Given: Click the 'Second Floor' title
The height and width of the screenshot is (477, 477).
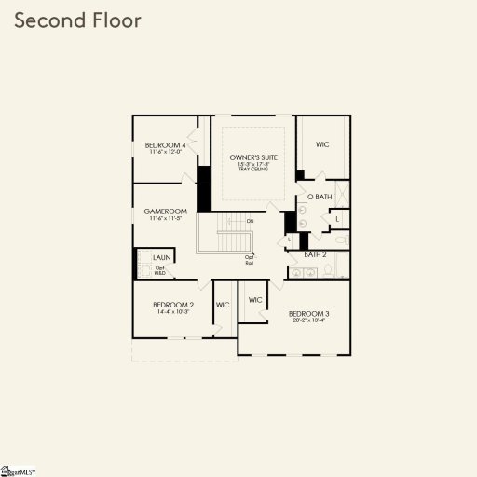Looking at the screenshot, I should [77, 20].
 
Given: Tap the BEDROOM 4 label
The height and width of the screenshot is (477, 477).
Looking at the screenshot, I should [166, 145].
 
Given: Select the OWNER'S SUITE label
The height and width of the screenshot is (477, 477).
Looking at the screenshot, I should [254, 158].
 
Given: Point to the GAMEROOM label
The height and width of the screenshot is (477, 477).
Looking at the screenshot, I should [166, 211].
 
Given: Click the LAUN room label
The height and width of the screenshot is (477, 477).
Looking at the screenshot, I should [161, 257].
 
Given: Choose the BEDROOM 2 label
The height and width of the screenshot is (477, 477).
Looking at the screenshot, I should [173, 305].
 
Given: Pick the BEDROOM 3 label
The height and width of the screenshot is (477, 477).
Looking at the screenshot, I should [308, 314].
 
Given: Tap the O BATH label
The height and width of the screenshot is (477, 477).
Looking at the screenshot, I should [320, 197].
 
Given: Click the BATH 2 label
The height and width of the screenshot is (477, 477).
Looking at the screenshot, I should [315, 253].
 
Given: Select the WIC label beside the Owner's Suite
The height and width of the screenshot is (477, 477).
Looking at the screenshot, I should [322, 144].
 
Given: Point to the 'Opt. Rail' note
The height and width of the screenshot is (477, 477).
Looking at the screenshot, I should [250, 260].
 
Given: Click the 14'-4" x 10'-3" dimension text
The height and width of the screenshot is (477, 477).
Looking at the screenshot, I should [173, 312].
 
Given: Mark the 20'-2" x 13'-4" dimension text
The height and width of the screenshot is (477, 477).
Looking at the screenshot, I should [308, 321].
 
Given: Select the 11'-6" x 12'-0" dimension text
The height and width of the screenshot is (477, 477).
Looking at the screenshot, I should [166, 153].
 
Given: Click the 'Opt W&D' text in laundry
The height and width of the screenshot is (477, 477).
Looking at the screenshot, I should [160, 271].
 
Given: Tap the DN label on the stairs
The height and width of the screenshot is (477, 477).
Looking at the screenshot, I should [250, 221].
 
